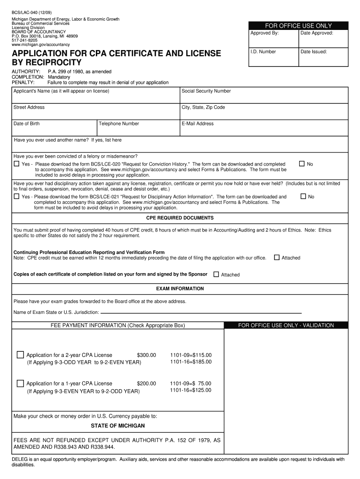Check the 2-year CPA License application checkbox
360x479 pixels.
(x=20, y=354)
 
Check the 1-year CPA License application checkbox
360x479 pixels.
(x=20, y=383)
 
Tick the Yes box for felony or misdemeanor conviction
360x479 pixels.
(x=17, y=164)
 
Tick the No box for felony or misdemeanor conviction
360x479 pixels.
(x=302, y=164)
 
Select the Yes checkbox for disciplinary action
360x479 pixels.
(x=17, y=197)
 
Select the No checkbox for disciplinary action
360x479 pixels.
(x=303, y=196)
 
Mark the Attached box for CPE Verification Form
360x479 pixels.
(x=277, y=257)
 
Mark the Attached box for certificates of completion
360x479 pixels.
(x=216, y=274)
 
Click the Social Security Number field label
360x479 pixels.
(x=206, y=91)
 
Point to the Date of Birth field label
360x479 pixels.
(x=27, y=124)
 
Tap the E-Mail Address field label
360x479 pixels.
(x=198, y=124)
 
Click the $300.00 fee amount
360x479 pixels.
(x=146, y=356)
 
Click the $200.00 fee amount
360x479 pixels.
(x=146, y=384)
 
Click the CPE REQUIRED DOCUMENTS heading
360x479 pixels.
(x=180, y=218)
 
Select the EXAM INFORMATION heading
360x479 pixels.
(x=180, y=289)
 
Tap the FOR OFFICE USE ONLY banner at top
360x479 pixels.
(x=298, y=26)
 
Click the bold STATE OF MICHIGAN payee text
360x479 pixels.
(x=118, y=426)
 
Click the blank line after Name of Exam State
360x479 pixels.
(x=201, y=312)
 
